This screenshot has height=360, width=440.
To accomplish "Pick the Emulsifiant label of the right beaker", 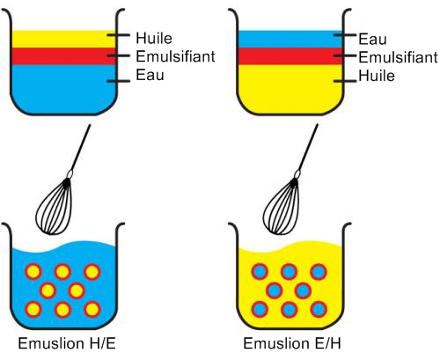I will (x=398, y=57).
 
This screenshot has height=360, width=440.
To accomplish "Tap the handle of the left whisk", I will (x=81, y=150).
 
